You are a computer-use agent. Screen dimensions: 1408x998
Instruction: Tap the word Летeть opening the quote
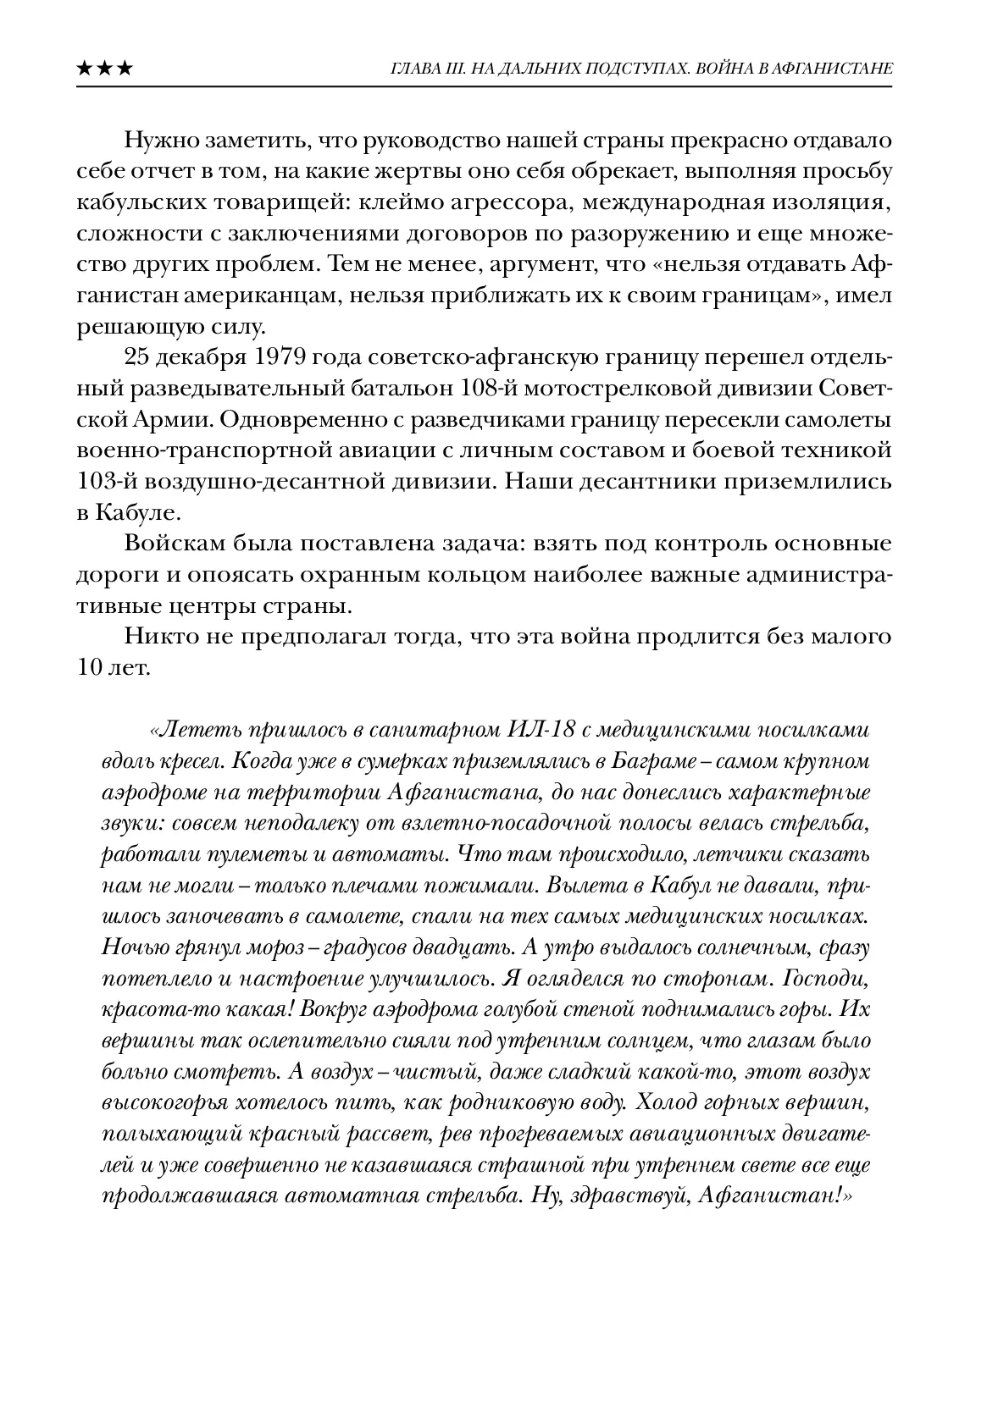187,730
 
